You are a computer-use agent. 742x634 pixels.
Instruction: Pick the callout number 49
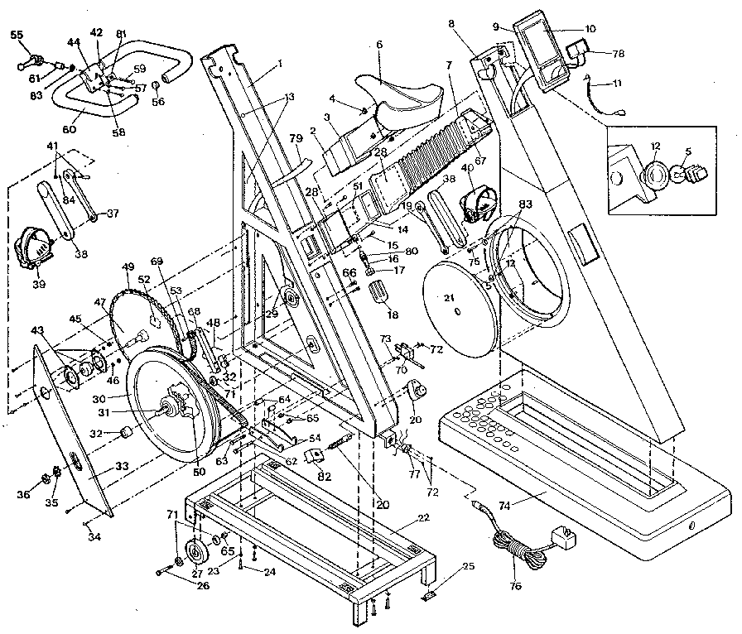[x=127, y=267]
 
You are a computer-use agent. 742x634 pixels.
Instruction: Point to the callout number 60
[x=68, y=128]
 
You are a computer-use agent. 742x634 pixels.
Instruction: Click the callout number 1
[x=280, y=62]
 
